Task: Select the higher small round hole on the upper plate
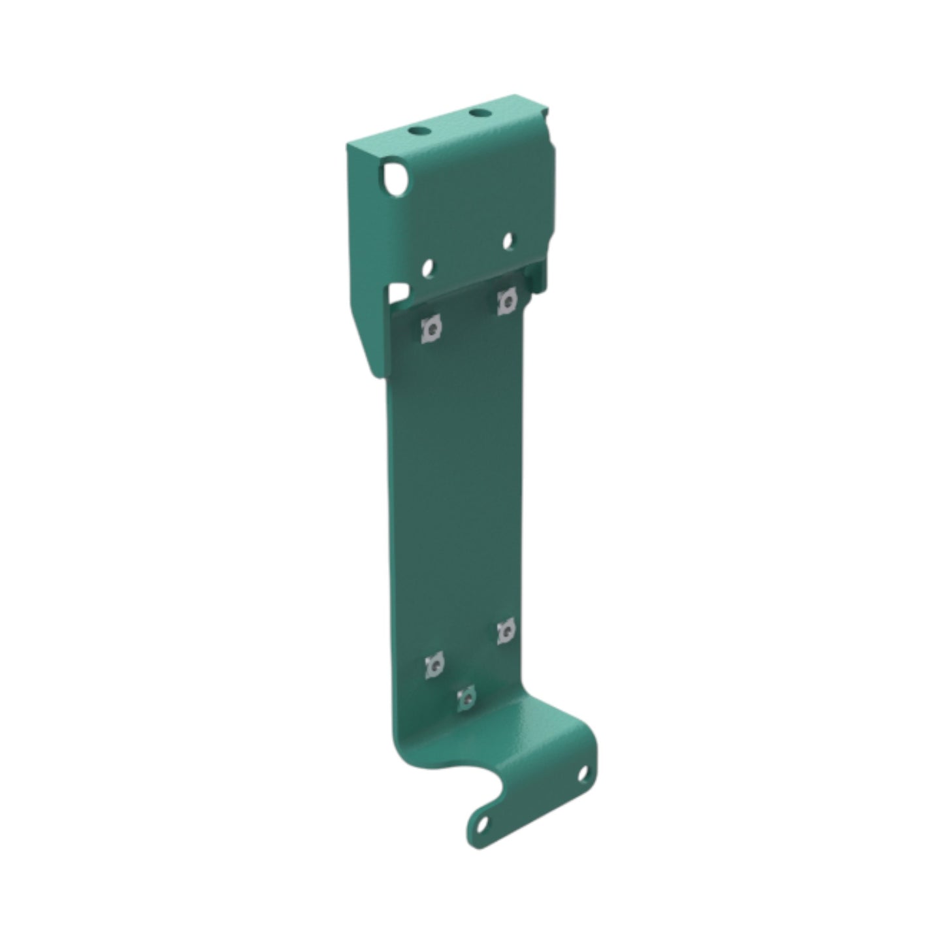click(x=508, y=241)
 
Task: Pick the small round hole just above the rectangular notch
click(x=428, y=268)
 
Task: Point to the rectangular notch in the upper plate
click(x=399, y=291)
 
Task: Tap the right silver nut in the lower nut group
click(x=506, y=632)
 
